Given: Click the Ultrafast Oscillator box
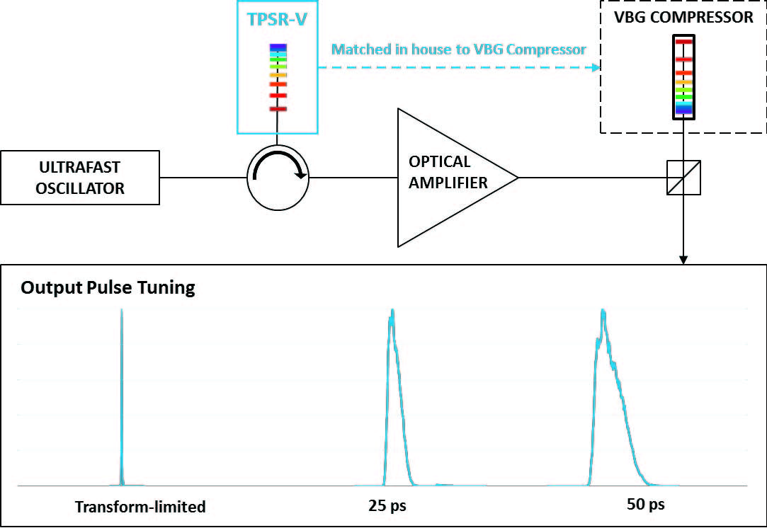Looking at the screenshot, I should [80, 178].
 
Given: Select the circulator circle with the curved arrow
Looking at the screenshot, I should [278, 178].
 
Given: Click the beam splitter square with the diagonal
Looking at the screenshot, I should [683, 178].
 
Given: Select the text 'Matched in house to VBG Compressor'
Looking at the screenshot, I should [459, 50].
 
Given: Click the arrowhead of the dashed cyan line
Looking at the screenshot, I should [594, 68].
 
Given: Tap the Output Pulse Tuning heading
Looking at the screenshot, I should [108, 288].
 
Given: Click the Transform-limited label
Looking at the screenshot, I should [140, 507].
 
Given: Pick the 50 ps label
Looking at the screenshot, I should [646, 505].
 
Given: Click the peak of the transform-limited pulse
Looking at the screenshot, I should [122, 311].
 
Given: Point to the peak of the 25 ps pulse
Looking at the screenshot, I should [391, 311].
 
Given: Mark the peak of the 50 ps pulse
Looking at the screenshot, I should [603, 311].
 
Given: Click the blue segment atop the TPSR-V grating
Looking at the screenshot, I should [278, 47].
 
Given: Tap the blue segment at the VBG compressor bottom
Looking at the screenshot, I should [683, 109].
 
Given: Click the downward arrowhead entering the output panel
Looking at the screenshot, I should [683, 260].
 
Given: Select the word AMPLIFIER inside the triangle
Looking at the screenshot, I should [448, 183].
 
